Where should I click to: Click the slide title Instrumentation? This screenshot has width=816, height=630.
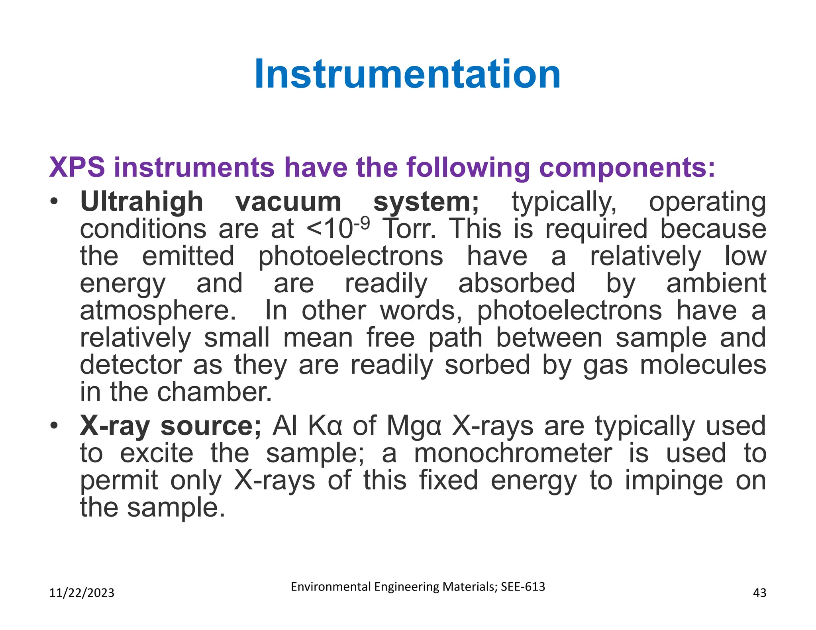click(407, 74)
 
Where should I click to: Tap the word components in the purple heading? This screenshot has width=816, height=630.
click(627, 167)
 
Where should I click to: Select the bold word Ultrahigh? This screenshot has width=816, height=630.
click(141, 202)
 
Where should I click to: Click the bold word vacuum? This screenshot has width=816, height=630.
click(288, 202)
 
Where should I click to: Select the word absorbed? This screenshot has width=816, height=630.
click(516, 284)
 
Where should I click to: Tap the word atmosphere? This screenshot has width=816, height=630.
click(158, 311)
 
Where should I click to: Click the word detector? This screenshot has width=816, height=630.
click(131, 365)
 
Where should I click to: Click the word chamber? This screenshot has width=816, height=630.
click(214, 392)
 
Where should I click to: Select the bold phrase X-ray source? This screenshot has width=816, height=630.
click(171, 426)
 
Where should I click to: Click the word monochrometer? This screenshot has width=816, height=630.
click(513, 454)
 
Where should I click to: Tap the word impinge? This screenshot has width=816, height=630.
click(673, 481)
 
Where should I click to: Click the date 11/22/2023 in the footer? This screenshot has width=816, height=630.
click(82, 593)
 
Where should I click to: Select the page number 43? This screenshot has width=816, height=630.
click(759, 593)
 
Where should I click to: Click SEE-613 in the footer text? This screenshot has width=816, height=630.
click(523, 587)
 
